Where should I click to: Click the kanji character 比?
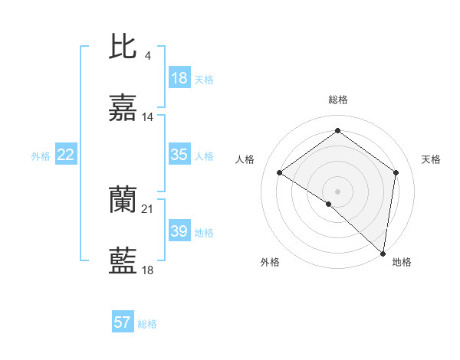pos(123,47)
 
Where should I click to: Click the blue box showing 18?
pos(179,78)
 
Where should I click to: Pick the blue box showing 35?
pos(179,155)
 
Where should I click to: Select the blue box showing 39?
pos(179,231)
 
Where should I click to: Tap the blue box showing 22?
pos(66,155)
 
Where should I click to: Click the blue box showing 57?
pos(123,322)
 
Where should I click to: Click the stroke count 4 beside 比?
pos(147,56)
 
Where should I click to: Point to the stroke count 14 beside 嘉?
pos(148,117)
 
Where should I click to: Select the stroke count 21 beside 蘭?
pos(148,208)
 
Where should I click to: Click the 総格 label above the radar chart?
pos(337,100)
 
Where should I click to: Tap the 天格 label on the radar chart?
pos(431,159)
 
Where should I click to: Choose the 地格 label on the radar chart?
pos(402,262)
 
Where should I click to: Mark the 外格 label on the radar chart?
pos(270,262)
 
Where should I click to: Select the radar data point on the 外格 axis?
pos(329,204)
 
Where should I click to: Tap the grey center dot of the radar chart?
pos(337,191)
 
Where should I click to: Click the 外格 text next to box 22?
pos(41,155)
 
